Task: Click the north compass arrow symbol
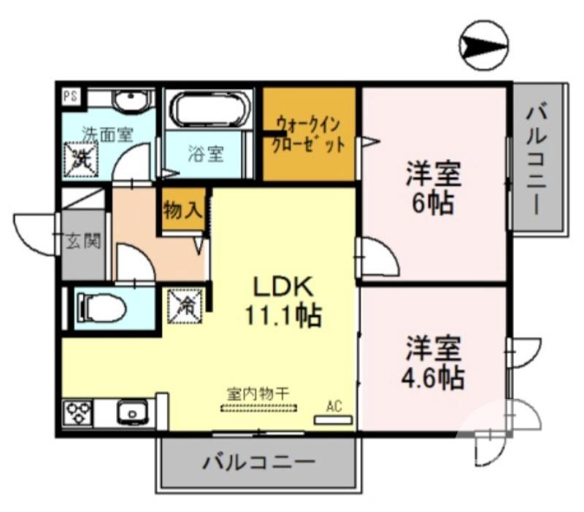(485, 46)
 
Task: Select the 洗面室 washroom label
(107, 134)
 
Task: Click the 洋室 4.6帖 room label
(434, 362)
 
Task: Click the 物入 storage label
(182, 212)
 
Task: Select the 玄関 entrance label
(82, 241)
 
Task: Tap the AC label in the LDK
(334, 406)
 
